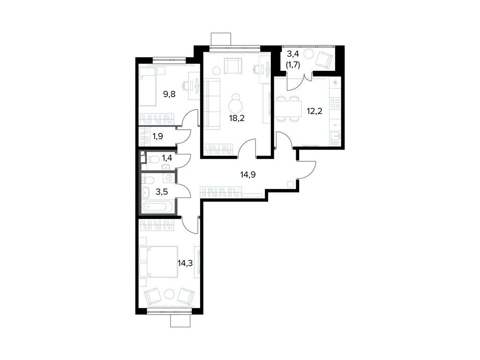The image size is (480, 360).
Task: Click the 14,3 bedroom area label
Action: click(x=185, y=262)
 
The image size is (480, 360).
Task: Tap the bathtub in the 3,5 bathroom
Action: click(x=157, y=206)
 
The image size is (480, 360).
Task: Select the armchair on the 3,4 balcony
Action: click(x=324, y=59)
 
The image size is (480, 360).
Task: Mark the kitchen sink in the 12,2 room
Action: click(x=335, y=136)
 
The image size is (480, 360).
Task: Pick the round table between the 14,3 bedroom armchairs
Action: click(x=169, y=294)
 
